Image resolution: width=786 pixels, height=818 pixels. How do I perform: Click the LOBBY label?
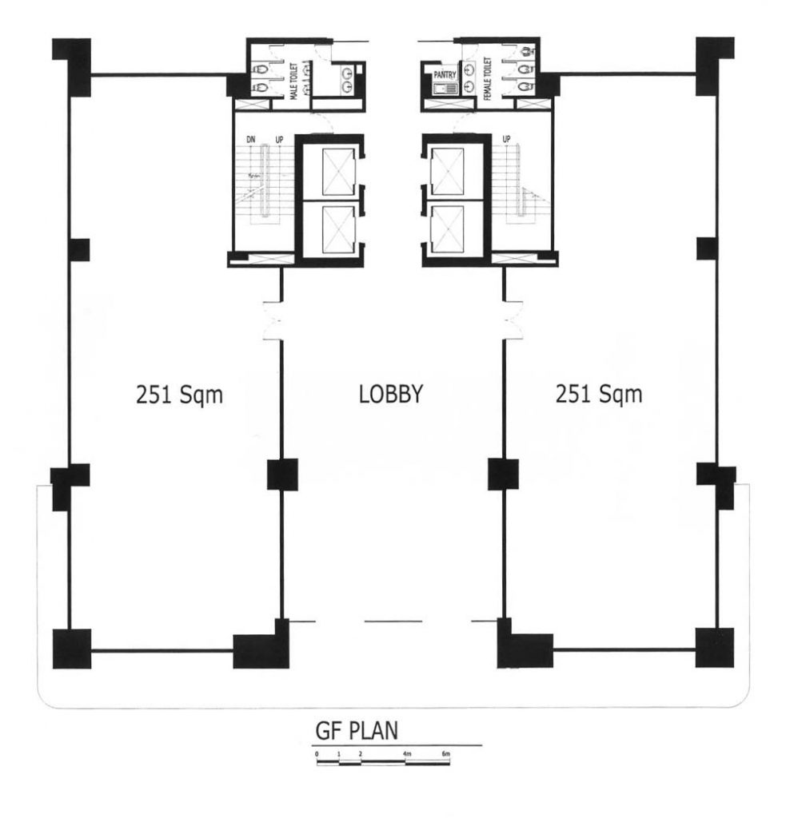point(390,394)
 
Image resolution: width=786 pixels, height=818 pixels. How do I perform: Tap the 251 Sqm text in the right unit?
point(599,394)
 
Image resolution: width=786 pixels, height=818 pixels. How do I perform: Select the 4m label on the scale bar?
point(406,754)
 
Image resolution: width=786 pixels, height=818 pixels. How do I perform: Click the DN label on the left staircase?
point(251,140)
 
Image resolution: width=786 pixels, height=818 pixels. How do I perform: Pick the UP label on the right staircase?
point(506,140)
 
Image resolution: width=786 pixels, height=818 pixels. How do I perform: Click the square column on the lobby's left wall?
point(281,475)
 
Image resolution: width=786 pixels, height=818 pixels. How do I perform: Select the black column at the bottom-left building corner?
point(72,648)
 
